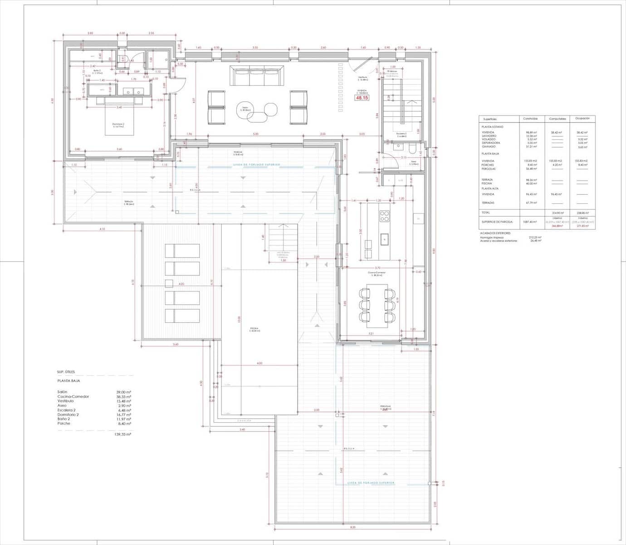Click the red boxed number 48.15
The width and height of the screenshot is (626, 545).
(x=362, y=98)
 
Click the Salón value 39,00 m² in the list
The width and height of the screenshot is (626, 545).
(x=124, y=392)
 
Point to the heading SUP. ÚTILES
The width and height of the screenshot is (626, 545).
(x=66, y=372)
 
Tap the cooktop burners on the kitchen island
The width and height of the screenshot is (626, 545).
(x=385, y=215)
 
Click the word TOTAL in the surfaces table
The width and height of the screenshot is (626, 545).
(x=486, y=213)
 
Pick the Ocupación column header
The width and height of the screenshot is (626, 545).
(x=582, y=119)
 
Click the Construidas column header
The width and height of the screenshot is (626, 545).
(x=530, y=119)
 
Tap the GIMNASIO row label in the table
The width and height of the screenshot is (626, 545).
(x=489, y=147)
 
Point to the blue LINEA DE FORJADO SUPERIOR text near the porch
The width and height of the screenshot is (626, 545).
(x=257, y=164)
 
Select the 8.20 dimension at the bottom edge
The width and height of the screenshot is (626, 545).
(x=353, y=527)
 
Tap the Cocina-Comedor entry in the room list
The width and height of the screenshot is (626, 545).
(x=73, y=396)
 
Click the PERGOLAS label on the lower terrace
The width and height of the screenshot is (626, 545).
(x=385, y=407)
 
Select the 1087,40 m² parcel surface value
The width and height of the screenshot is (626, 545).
(x=530, y=222)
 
